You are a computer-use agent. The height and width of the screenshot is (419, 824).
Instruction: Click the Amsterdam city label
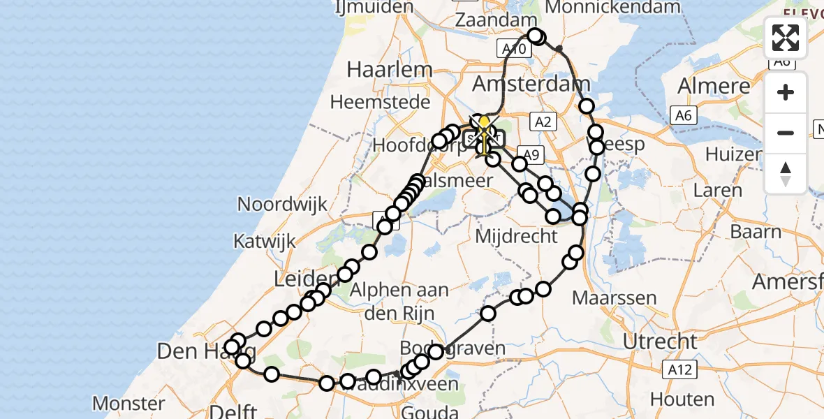pos(531,84)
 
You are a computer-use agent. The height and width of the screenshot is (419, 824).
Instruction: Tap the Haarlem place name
pos(390,70)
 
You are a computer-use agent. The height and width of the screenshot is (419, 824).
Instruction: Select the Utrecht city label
pos(660,341)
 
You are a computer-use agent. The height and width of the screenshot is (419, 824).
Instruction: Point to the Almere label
pos(714,87)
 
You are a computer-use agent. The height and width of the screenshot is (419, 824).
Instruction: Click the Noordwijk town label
pos(282,205)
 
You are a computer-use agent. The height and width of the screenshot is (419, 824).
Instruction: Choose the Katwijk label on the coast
pos(264,242)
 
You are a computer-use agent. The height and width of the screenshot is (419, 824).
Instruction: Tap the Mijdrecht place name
pos(516,236)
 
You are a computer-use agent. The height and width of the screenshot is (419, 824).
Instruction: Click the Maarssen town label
pos(614,298)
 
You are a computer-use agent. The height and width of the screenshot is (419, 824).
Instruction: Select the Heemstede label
pos(380,102)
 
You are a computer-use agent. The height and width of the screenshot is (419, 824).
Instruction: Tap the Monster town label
pos(128,403)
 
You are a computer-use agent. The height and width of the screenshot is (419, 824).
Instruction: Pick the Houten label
pos(682,400)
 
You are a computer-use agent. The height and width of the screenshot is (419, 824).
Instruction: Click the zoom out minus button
pos(786,133)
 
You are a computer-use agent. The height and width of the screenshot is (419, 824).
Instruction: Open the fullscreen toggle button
pos(786,38)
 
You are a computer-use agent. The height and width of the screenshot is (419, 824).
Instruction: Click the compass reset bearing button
pos(786,173)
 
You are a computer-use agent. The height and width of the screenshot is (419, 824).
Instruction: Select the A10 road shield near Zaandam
pos(513,48)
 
